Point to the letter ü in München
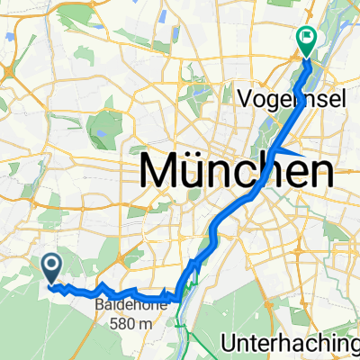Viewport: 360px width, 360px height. pos(201,170)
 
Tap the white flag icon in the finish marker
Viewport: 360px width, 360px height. pos(306,37)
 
